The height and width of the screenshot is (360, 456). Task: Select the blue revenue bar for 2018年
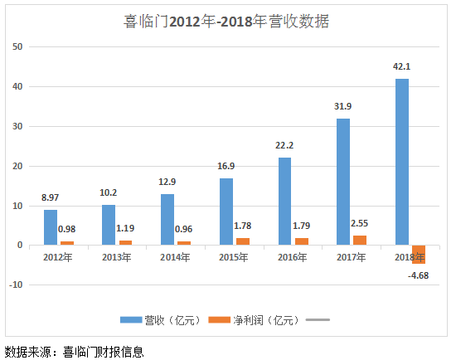(x=402, y=162)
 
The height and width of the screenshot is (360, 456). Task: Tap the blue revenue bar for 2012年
(x=51, y=227)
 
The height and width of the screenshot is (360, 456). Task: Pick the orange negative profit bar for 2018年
(x=419, y=254)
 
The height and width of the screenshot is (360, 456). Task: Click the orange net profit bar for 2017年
(x=360, y=240)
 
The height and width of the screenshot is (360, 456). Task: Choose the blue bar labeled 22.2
(x=284, y=202)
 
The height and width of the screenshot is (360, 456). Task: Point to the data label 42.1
(x=402, y=66)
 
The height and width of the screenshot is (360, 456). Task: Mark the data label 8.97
(x=51, y=198)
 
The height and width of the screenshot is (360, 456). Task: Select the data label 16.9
(x=226, y=167)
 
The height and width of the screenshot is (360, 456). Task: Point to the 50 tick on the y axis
(x=17, y=46)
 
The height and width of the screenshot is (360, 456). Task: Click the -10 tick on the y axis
(x=15, y=285)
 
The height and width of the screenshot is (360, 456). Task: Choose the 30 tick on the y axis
(x=17, y=126)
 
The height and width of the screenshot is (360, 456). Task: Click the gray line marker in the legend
(x=318, y=319)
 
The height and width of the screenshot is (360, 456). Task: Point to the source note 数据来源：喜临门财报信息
(x=74, y=350)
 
